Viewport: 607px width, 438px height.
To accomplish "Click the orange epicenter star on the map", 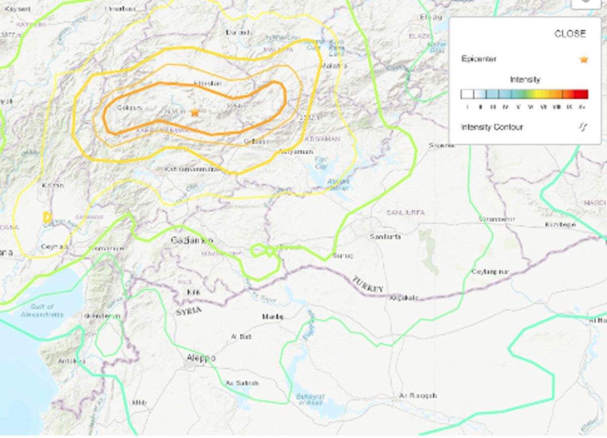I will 195,112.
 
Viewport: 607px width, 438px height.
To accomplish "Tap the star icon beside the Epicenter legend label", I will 584,59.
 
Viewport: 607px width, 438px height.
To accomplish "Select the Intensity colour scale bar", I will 524,94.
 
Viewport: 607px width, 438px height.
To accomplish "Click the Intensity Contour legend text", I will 492,127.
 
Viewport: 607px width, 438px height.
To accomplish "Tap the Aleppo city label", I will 200,358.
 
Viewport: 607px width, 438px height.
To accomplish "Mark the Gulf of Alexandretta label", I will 42,311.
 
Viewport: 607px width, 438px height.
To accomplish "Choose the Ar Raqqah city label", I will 417,396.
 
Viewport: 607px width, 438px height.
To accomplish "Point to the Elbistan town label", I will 207,83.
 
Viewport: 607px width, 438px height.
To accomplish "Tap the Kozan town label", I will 53,185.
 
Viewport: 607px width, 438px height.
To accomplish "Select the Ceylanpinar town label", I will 489,272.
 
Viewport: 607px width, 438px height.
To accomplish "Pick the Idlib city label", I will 139,403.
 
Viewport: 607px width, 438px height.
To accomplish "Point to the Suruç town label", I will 342,256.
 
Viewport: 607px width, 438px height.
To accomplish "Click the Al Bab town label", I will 241,336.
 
